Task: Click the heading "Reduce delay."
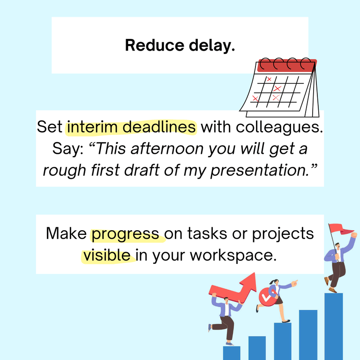pos(180,45)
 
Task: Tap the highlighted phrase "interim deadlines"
pos(131,127)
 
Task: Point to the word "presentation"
pos(260,170)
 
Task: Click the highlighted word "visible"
pos(107,255)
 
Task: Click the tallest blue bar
pos(333,326)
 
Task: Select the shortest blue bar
pos(232,352)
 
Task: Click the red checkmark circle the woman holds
pos(265,296)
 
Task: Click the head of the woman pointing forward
pos(275,284)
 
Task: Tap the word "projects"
pos(283,233)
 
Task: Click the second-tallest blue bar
pos(308,334)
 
